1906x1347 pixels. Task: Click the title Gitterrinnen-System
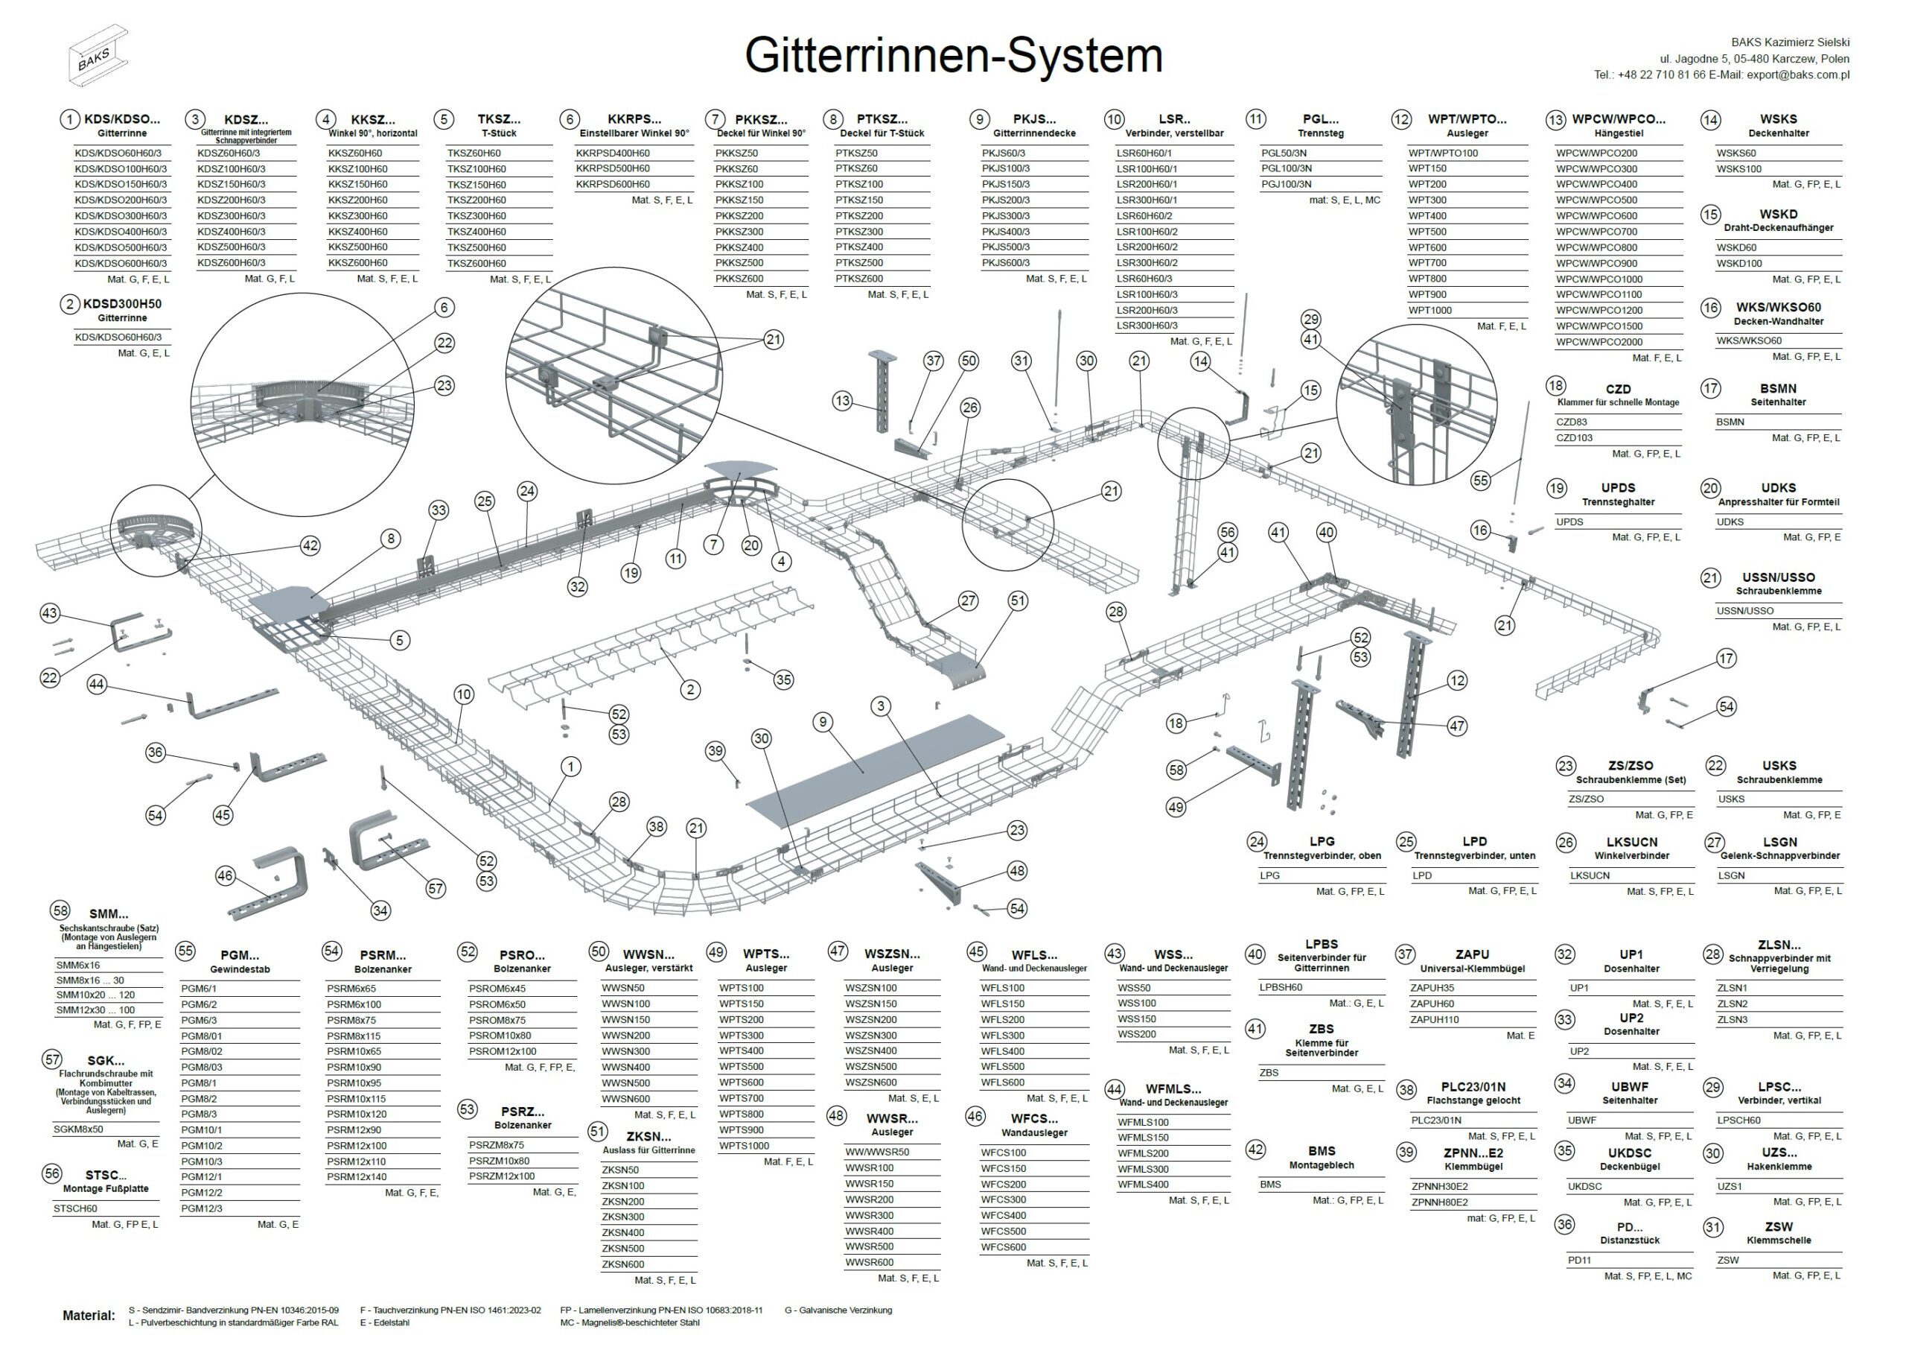pos(953,57)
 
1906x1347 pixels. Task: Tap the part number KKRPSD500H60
pos(613,168)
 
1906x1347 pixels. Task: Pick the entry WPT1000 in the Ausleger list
pos(1429,311)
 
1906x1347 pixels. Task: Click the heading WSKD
pos(1777,215)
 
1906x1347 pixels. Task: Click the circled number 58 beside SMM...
pos(60,910)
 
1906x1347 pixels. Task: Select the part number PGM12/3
pos(202,1208)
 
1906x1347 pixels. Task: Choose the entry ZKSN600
pos(622,1264)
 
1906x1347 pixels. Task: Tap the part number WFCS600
pos(1003,1246)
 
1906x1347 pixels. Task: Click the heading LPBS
pos(1321,944)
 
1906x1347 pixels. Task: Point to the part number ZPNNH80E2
pos(1439,1202)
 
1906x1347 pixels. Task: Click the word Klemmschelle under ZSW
pos(1778,1240)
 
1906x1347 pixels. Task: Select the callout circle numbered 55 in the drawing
pos(1480,480)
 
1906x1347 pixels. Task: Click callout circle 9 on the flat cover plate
pos(823,722)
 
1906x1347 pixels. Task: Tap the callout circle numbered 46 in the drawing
pos(225,875)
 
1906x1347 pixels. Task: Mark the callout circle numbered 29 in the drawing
pos(1311,319)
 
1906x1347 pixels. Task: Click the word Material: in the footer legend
pos(89,1316)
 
